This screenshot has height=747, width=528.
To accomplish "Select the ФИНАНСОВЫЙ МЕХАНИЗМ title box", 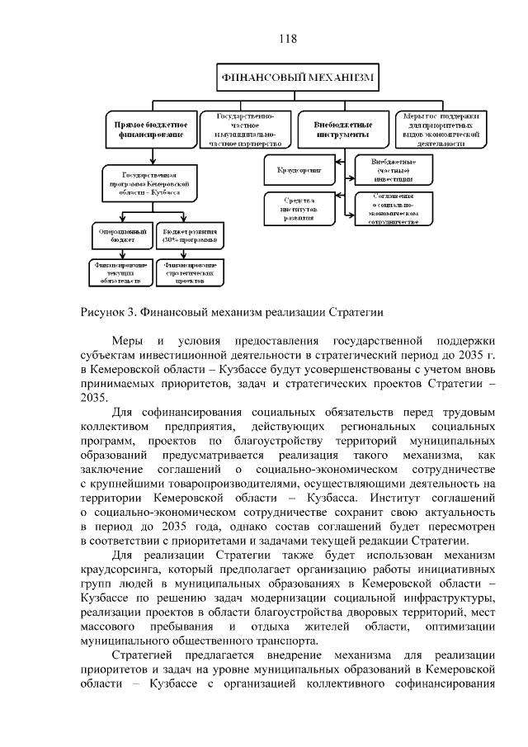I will [x=297, y=78].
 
